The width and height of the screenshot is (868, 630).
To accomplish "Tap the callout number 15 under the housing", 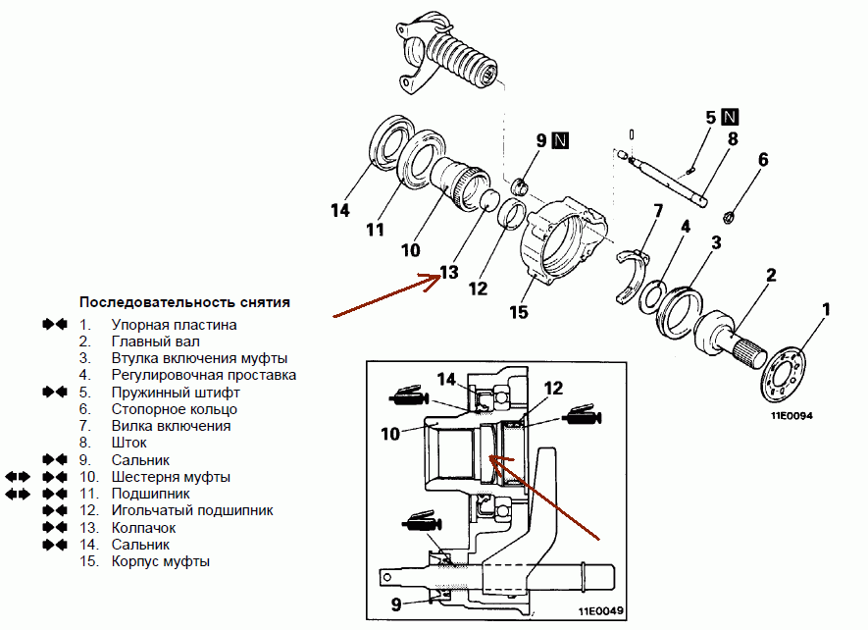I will click(x=519, y=313).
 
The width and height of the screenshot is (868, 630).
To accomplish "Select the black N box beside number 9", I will click(x=560, y=140).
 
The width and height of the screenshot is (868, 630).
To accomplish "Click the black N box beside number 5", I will click(x=730, y=118).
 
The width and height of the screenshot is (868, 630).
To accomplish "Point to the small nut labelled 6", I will click(x=730, y=215).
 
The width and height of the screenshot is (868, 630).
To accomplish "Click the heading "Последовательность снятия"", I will click(x=184, y=301).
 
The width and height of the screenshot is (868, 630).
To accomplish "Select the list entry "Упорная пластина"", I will click(x=174, y=324).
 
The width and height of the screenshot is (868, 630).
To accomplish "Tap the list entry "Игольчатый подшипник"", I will click(x=192, y=510).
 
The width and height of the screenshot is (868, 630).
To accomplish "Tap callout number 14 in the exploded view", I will click(x=339, y=210).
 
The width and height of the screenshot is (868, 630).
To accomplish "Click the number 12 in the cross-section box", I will click(x=552, y=389).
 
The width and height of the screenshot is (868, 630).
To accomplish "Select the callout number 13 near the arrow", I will click(x=448, y=273).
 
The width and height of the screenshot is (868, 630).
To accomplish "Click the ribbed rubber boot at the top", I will click(x=461, y=63).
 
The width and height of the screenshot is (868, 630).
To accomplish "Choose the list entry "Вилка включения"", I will click(x=171, y=426).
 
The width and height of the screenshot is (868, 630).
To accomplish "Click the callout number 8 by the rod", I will click(x=733, y=139).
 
